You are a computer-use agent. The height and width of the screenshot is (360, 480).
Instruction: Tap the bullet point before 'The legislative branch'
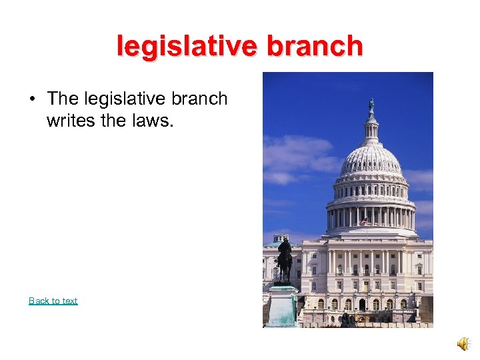[x=31, y=99]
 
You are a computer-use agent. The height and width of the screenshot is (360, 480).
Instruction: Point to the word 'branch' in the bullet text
[x=199, y=99]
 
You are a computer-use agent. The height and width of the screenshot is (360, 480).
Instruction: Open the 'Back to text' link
[x=53, y=301]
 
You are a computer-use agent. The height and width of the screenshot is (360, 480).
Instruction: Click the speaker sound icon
[x=462, y=343]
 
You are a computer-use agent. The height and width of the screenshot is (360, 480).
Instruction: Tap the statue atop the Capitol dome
[x=371, y=105]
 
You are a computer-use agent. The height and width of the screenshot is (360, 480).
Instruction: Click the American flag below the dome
[x=364, y=221]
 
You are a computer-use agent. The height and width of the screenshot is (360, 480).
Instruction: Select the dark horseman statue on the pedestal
[x=285, y=260]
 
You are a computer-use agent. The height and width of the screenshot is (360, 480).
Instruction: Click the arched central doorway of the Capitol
[x=361, y=304]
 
